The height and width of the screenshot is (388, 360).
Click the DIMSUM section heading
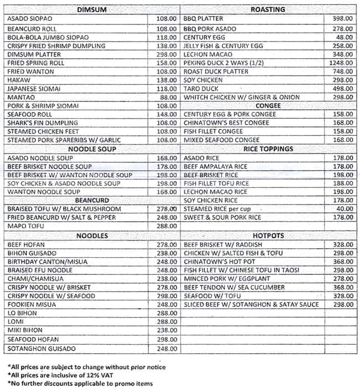click(92, 9)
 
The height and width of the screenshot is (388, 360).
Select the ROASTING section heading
click(268, 9)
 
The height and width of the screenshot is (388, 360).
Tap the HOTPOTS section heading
click(268, 236)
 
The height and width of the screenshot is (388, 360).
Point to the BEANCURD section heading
click(92, 200)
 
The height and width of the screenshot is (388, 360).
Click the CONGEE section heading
click(268, 105)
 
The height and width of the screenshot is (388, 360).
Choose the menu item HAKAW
click(19, 80)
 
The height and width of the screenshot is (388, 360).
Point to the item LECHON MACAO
click(207, 54)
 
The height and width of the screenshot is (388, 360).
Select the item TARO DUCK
click(201, 89)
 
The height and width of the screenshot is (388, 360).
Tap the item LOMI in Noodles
click(17, 321)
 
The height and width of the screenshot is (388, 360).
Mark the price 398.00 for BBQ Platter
click(343, 18)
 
